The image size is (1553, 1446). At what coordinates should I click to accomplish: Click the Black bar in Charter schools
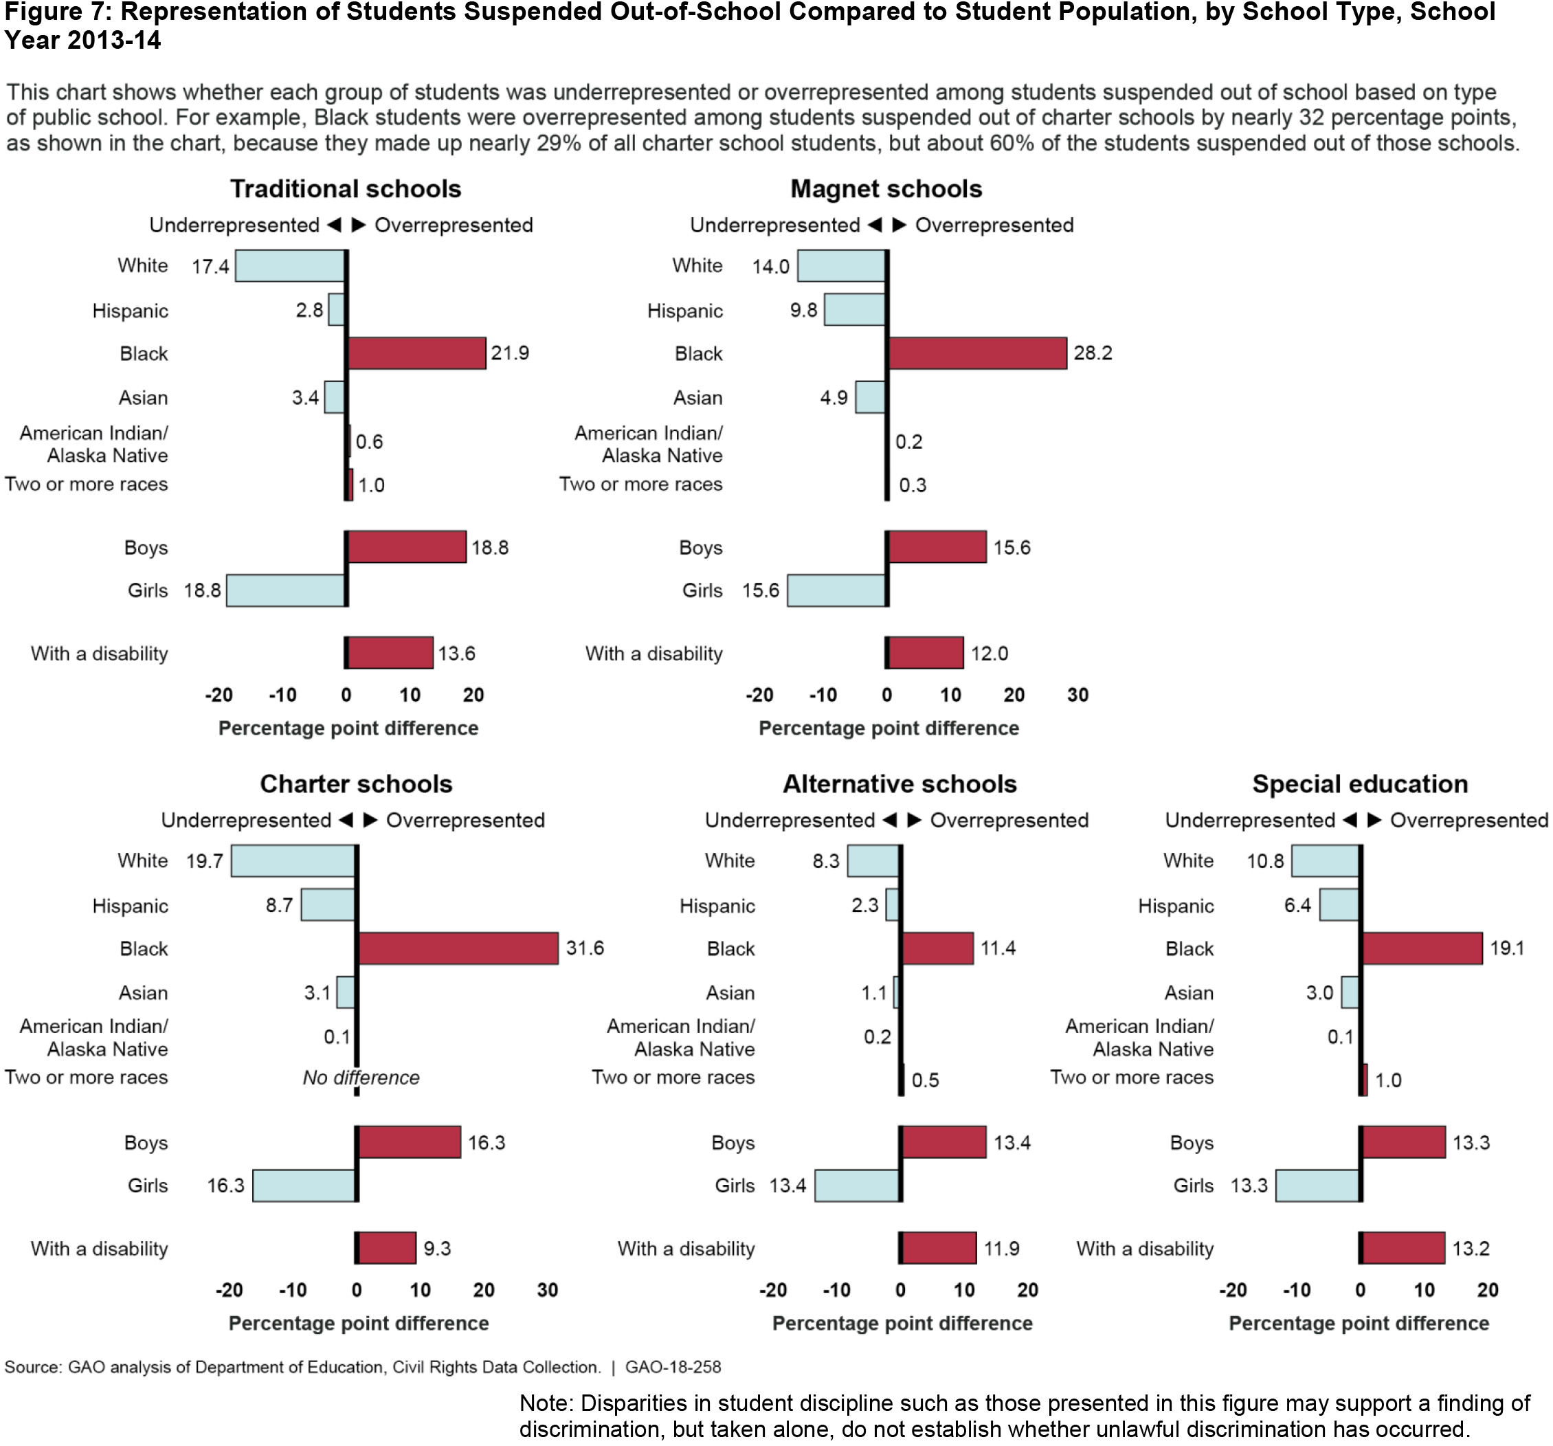pos(458,948)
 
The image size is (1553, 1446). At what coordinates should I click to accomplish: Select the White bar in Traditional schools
pos(290,265)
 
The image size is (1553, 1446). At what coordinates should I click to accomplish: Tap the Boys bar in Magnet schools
pos(937,547)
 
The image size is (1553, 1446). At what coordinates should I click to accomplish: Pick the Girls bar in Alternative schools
pos(857,1185)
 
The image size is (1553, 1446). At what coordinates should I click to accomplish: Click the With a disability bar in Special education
pos(1403,1247)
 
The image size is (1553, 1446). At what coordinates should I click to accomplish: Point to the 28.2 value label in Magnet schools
pos(1092,353)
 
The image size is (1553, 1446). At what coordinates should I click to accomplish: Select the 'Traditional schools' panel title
pos(345,189)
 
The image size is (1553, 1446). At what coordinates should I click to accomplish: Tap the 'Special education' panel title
pos(1359,783)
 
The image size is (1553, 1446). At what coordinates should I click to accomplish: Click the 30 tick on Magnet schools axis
pos(1077,695)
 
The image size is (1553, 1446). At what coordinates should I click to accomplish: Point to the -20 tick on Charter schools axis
pos(229,1290)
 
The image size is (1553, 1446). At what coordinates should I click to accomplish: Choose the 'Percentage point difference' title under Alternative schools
pos(902,1324)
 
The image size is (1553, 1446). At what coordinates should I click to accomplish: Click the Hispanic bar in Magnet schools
pos(855,309)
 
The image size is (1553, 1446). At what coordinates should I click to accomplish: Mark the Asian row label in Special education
pos(1188,993)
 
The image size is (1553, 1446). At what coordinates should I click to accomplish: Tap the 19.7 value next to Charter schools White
pos(205,861)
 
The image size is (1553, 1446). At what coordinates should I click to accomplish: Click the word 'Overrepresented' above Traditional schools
pos(453,225)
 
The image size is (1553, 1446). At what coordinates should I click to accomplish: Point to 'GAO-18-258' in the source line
pos(673,1367)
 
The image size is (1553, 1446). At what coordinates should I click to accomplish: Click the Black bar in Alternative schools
pos(937,948)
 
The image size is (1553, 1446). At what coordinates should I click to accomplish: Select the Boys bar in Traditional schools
pos(406,547)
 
